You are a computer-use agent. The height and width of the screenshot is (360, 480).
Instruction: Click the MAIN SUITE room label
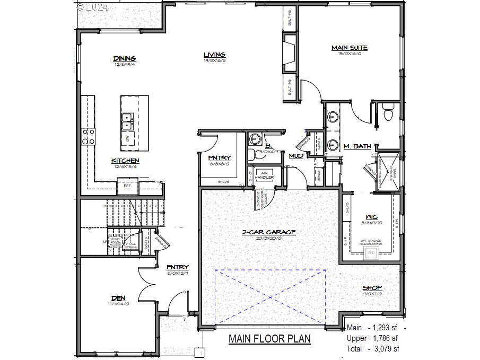350,48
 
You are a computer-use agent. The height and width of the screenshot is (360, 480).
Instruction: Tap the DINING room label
125,58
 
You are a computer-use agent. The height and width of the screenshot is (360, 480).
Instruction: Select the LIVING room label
215,54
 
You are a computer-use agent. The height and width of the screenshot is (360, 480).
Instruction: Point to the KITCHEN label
125,161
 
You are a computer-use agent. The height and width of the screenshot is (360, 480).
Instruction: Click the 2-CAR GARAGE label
269,232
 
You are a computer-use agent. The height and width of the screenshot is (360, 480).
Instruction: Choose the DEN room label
118,298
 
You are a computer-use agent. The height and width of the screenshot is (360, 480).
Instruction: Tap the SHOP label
372,288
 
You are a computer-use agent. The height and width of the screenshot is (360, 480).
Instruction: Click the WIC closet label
371,217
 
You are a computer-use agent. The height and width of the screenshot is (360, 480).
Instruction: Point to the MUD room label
295,156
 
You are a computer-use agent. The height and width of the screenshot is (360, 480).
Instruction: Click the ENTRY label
178,267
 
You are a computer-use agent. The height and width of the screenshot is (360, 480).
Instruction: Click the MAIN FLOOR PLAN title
269,339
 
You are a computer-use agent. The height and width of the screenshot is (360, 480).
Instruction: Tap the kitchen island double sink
127,121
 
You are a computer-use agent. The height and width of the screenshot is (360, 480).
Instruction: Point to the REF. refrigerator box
128,186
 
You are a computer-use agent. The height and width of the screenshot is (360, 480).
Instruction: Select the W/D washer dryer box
371,252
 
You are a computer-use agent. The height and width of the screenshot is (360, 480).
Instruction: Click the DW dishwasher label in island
127,138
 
